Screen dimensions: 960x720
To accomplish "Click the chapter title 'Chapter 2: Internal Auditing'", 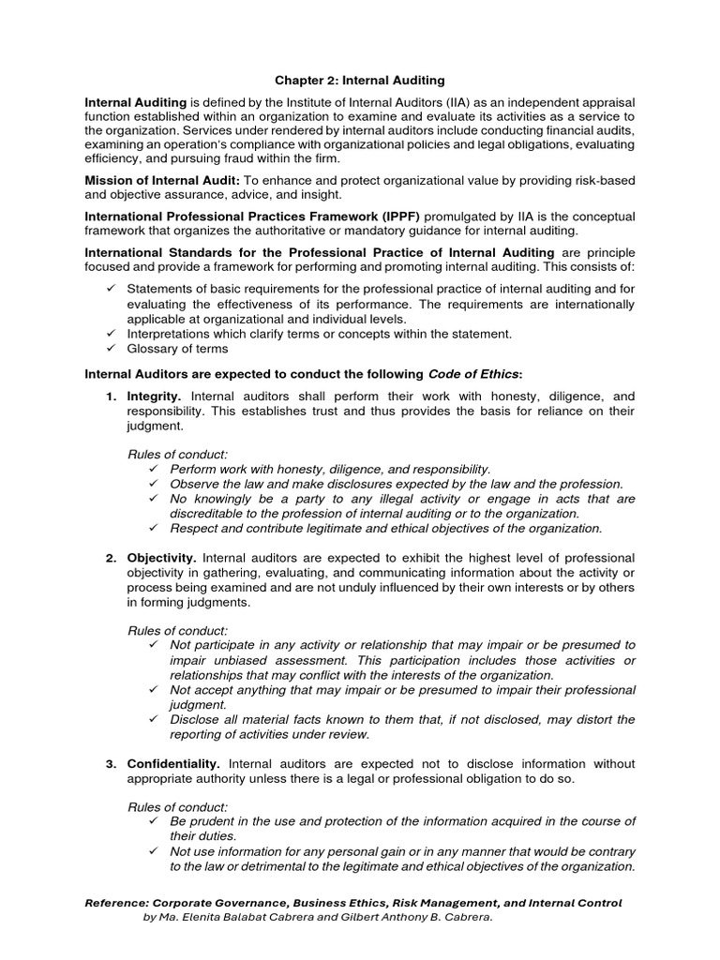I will click(359, 82).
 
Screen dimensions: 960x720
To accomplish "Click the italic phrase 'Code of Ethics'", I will click(478, 373).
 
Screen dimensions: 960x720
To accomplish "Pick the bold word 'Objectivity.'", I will click(161, 557).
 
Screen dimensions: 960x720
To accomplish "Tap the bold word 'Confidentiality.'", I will click(173, 763).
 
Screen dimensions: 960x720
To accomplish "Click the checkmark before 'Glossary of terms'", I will click(111, 349).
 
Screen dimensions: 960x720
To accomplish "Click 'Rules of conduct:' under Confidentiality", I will click(177, 806).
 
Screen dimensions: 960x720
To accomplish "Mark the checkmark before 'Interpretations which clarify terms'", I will click(111, 334).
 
